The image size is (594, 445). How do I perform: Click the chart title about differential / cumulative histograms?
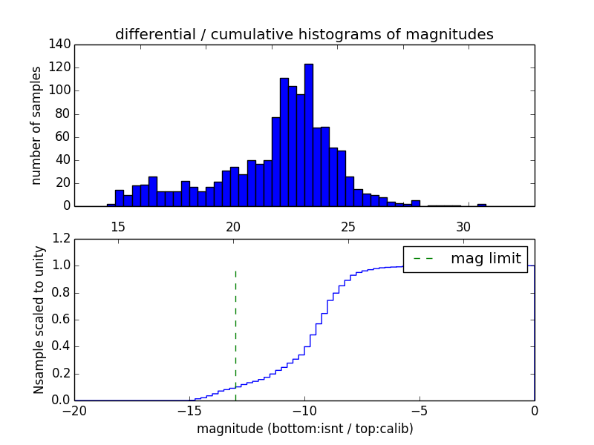(x=304, y=35)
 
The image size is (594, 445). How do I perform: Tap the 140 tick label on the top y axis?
(x=62, y=44)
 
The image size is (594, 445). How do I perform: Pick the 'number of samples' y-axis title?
(x=36, y=125)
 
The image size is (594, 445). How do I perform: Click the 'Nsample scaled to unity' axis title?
(x=38, y=320)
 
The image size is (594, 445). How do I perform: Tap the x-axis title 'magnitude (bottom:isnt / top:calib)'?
(x=305, y=429)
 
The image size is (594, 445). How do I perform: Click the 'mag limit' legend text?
(x=486, y=259)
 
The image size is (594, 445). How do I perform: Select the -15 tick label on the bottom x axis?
(x=189, y=411)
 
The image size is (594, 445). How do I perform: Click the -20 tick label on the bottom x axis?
(x=74, y=411)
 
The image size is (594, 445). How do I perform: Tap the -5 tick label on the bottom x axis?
(x=420, y=411)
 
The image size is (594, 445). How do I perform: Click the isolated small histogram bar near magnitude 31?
(x=482, y=204)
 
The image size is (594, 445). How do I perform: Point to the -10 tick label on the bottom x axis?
(x=304, y=411)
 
